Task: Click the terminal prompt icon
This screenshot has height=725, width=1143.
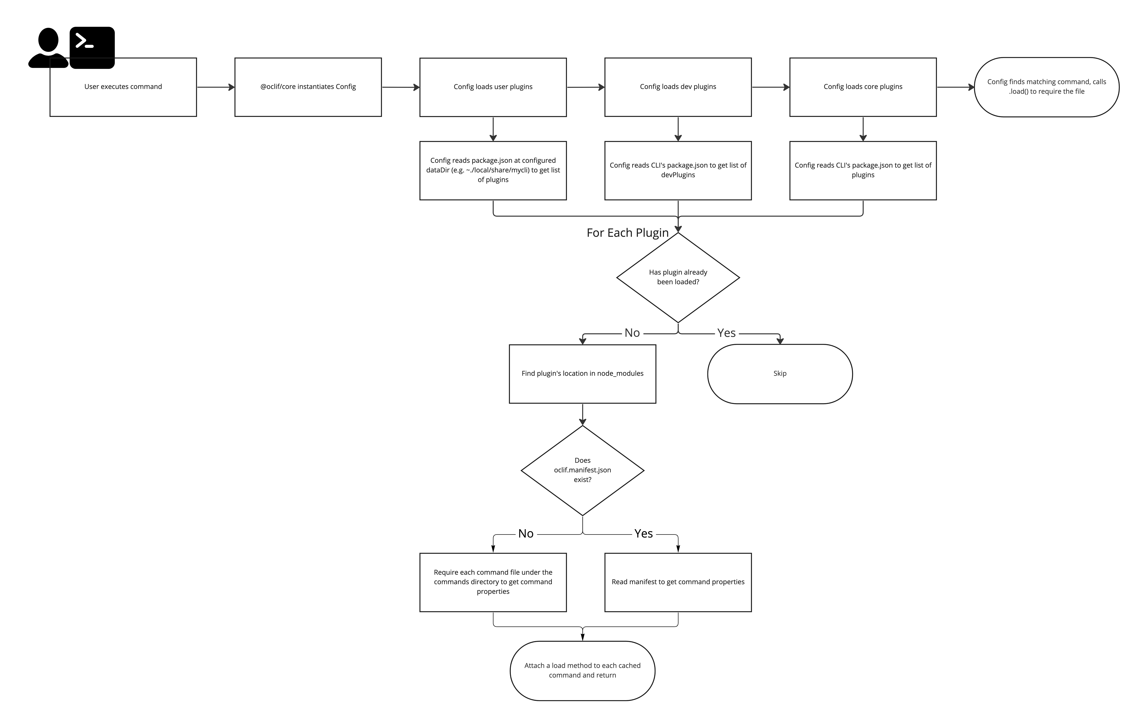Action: (x=92, y=47)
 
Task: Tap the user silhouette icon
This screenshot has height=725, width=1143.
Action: (x=48, y=47)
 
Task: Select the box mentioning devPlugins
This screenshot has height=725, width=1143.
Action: (x=678, y=170)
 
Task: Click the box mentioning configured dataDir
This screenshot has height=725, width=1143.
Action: (x=493, y=170)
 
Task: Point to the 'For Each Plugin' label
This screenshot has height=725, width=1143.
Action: (x=627, y=232)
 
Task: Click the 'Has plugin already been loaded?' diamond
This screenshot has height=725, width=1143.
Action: (x=678, y=278)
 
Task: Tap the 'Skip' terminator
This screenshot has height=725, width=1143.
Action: (x=780, y=374)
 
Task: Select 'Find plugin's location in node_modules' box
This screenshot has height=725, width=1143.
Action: (x=582, y=374)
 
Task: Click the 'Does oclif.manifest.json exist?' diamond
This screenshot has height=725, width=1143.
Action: (x=582, y=470)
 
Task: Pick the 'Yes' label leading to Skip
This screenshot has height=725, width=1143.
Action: (x=726, y=333)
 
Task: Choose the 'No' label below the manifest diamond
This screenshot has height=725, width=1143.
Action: (x=526, y=534)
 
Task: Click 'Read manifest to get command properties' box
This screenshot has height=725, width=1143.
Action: (x=678, y=582)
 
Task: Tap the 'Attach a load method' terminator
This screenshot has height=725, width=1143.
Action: (x=582, y=671)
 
